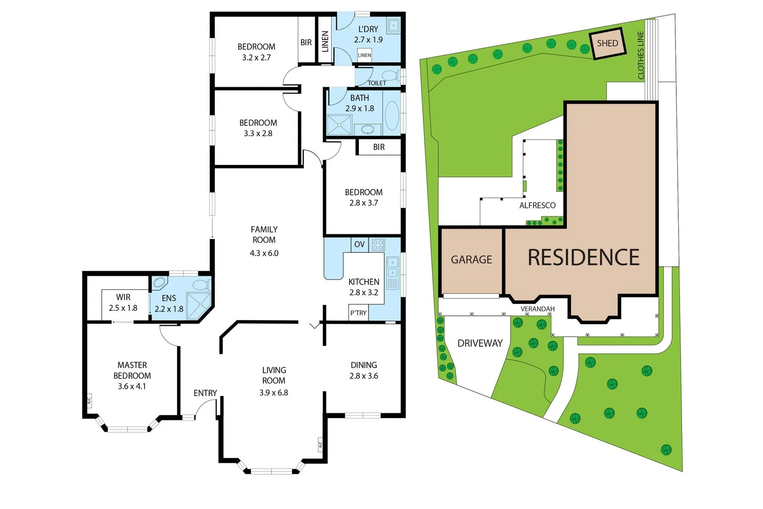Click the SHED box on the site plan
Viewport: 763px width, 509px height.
(608, 43)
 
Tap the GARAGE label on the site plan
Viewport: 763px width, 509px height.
(471, 260)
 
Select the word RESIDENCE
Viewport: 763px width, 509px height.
(584, 258)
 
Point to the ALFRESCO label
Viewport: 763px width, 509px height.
(537, 205)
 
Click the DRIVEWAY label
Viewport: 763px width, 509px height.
(480, 343)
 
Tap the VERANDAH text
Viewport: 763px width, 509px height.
(537, 309)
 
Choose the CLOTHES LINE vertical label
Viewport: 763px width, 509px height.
(641, 55)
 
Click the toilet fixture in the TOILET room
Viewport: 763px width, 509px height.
(390, 75)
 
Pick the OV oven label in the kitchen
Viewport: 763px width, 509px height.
(359, 245)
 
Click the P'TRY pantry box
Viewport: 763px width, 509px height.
(358, 313)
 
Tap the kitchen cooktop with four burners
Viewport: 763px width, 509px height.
(378, 245)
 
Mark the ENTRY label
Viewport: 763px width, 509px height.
(205, 393)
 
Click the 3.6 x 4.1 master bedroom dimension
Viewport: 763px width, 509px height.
(132, 386)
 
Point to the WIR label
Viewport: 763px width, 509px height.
(123, 297)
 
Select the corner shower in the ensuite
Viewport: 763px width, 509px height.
(199, 305)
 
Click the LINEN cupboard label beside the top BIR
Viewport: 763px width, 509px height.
(325, 41)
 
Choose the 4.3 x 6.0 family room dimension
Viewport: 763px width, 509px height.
(264, 253)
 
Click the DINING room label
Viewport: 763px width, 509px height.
(364, 365)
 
